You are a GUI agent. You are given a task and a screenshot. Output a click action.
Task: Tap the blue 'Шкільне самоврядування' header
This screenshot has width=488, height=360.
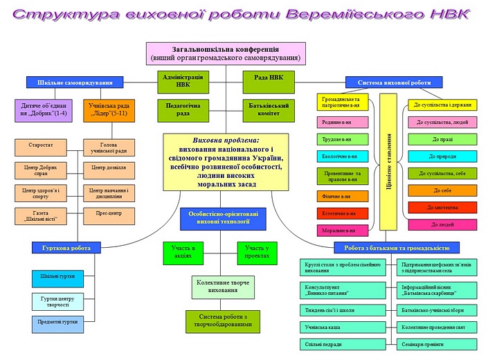tap(70, 82)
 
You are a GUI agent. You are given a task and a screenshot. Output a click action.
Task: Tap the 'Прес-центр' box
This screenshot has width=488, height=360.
tap(108, 215)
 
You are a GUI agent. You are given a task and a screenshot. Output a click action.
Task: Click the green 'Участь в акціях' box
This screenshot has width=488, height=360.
tap(184, 252)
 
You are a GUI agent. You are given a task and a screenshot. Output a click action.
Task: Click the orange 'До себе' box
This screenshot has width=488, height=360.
tap(442, 190)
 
